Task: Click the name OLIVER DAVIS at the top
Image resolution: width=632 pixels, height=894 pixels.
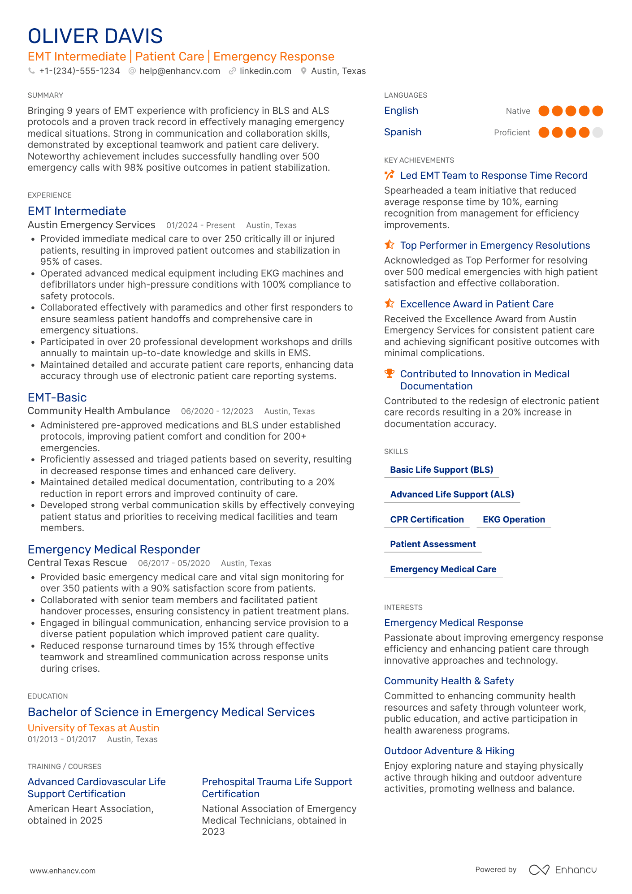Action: click(95, 36)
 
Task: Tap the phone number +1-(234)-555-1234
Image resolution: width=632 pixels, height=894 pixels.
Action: click(79, 71)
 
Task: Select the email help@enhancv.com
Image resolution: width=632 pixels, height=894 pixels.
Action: click(179, 71)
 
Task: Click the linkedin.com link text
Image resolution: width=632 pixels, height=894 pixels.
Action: click(265, 71)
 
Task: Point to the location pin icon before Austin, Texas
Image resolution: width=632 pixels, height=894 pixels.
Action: click(303, 71)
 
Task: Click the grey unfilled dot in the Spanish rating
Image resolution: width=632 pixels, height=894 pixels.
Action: click(597, 133)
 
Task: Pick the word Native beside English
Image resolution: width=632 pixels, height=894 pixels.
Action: click(518, 111)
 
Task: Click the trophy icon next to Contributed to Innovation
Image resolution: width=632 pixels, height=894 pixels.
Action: click(390, 374)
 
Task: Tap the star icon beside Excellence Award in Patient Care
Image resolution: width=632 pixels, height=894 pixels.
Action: click(390, 304)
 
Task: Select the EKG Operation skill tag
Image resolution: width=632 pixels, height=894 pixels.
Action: click(514, 520)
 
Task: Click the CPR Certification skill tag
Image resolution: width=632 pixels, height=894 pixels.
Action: click(427, 520)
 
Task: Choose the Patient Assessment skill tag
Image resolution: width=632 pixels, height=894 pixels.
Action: click(433, 544)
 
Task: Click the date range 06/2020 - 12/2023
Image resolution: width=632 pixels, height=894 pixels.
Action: click(217, 411)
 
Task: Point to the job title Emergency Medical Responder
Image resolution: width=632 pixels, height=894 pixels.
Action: click(114, 549)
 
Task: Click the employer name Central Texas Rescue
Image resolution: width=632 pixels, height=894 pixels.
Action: click(77, 563)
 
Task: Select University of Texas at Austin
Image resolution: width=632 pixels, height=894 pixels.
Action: click(93, 728)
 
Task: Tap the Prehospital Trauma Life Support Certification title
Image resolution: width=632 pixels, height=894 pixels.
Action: click(277, 788)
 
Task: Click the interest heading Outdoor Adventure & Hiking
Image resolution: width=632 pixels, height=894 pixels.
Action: click(449, 751)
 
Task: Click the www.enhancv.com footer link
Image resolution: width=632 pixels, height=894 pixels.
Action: click(63, 871)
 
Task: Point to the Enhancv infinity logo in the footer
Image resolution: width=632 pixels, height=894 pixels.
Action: click(539, 870)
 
